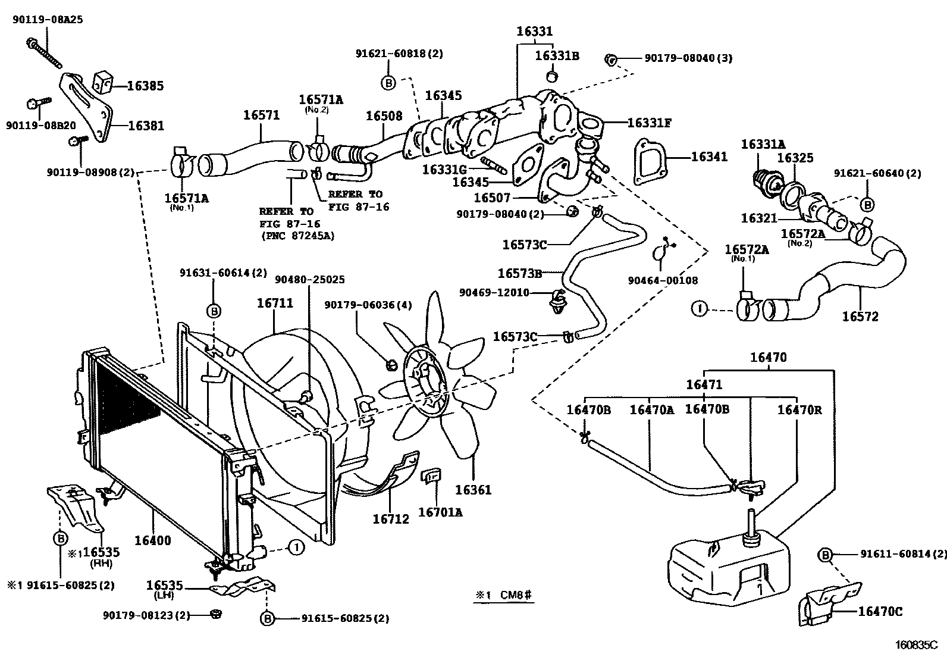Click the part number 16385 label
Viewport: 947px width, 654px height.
pos(145,86)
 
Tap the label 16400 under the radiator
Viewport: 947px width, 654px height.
pos(152,540)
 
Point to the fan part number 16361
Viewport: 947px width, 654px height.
pos(473,490)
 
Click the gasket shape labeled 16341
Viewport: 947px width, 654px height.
pos(650,162)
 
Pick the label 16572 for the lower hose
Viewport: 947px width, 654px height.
pos(860,317)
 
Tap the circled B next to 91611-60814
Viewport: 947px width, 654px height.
pos(825,555)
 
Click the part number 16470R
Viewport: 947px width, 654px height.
pos(799,409)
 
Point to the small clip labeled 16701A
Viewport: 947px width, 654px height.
pos(431,475)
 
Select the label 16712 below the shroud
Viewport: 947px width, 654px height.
pos(391,519)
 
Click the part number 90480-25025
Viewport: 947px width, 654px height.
pos(309,279)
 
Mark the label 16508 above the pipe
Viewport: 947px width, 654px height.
pos(384,116)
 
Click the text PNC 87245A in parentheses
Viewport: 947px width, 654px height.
pos(297,236)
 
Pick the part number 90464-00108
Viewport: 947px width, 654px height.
pos(663,280)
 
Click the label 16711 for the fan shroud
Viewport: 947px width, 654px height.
pos(275,302)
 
